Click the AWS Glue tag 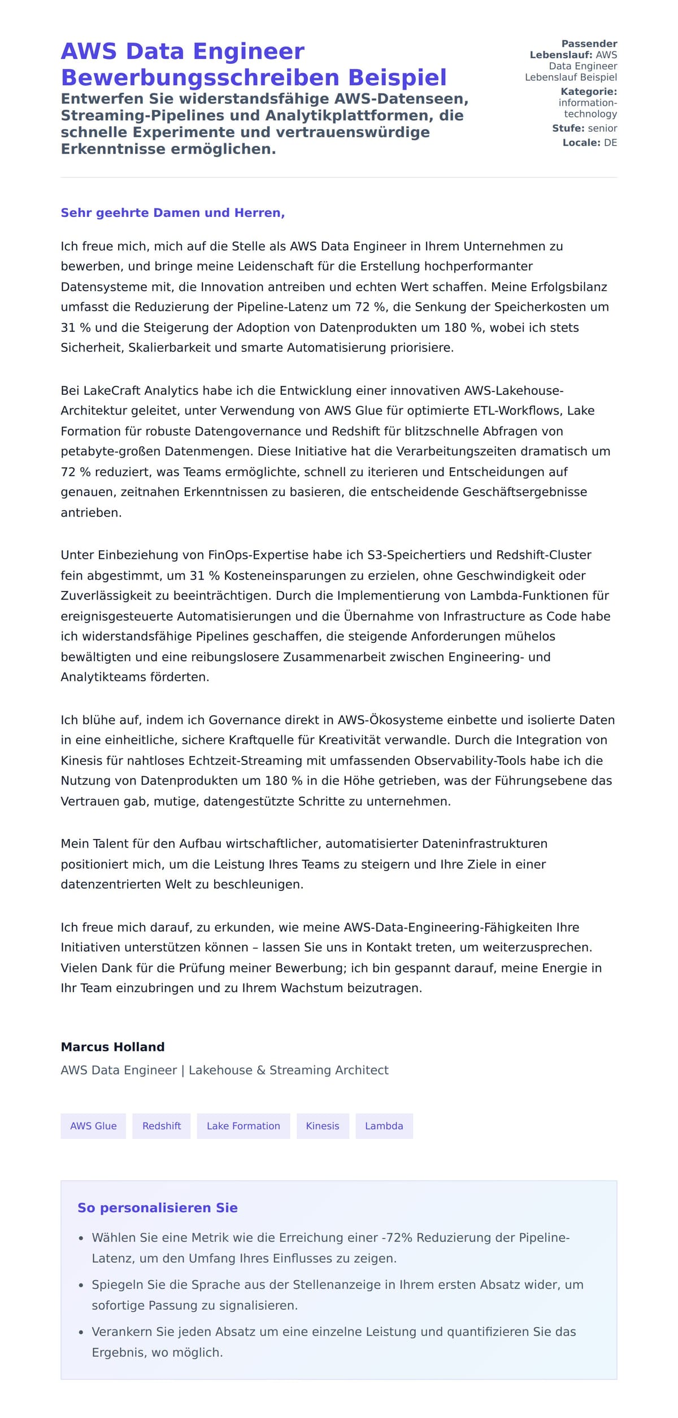tap(93, 1126)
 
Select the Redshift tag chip tap(162, 1126)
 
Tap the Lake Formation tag tap(243, 1126)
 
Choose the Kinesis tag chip tap(323, 1126)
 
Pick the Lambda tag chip tap(384, 1126)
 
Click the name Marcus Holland tap(112, 1047)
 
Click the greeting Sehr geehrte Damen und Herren tap(172, 213)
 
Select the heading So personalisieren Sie tap(157, 1208)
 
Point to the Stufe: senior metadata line tap(584, 128)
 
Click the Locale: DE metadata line tap(589, 143)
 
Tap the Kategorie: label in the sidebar tap(588, 92)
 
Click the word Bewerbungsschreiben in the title tap(201, 77)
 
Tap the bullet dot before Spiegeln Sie tap(81, 1285)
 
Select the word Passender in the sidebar tap(589, 44)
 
